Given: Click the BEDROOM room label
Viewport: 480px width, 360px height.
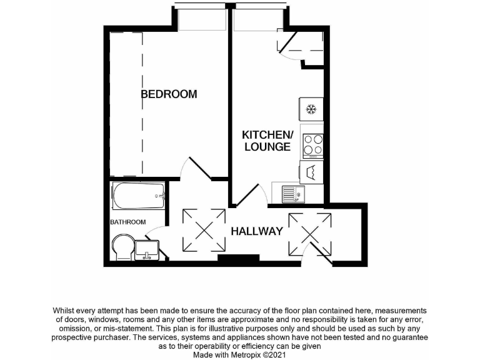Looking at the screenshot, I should point(169,94).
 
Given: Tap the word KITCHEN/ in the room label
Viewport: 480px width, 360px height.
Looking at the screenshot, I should point(267,135).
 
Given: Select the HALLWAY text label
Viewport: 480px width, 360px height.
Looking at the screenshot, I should point(257,231).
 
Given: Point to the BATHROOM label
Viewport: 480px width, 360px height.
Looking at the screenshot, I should point(128,222).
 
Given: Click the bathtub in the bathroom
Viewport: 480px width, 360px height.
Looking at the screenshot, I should point(138,197).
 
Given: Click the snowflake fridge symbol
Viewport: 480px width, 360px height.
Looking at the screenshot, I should point(311,110).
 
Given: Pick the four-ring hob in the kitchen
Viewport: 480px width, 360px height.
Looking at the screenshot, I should point(312,145).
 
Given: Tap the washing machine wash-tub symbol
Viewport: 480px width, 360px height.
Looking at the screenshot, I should point(311,172).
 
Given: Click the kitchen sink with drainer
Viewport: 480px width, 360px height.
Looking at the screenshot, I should point(292,194).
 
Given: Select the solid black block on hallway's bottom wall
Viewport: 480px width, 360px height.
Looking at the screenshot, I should point(238,258).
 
